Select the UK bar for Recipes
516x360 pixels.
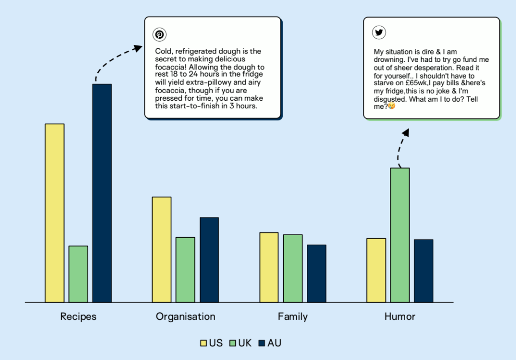(78, 274)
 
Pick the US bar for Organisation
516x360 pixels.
(162, 249)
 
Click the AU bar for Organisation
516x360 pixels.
(209, 259)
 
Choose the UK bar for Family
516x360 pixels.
(293, 268)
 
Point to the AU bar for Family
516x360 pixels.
(316, 273)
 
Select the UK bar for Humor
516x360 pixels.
(400, 235)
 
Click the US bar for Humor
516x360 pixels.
(376, 270)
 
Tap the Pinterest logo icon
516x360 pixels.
(160, 35)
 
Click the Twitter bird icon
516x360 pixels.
(379, 33)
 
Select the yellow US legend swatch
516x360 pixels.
(204, 343)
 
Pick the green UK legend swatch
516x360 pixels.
(233, 343)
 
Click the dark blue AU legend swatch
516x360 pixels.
(262, 343)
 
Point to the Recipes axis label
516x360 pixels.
(78, 317)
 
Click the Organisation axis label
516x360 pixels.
(185, 317)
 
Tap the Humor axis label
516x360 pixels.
(400, 317)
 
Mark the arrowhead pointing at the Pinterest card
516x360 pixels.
(138, 48)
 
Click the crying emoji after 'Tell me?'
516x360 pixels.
(392, 107)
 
